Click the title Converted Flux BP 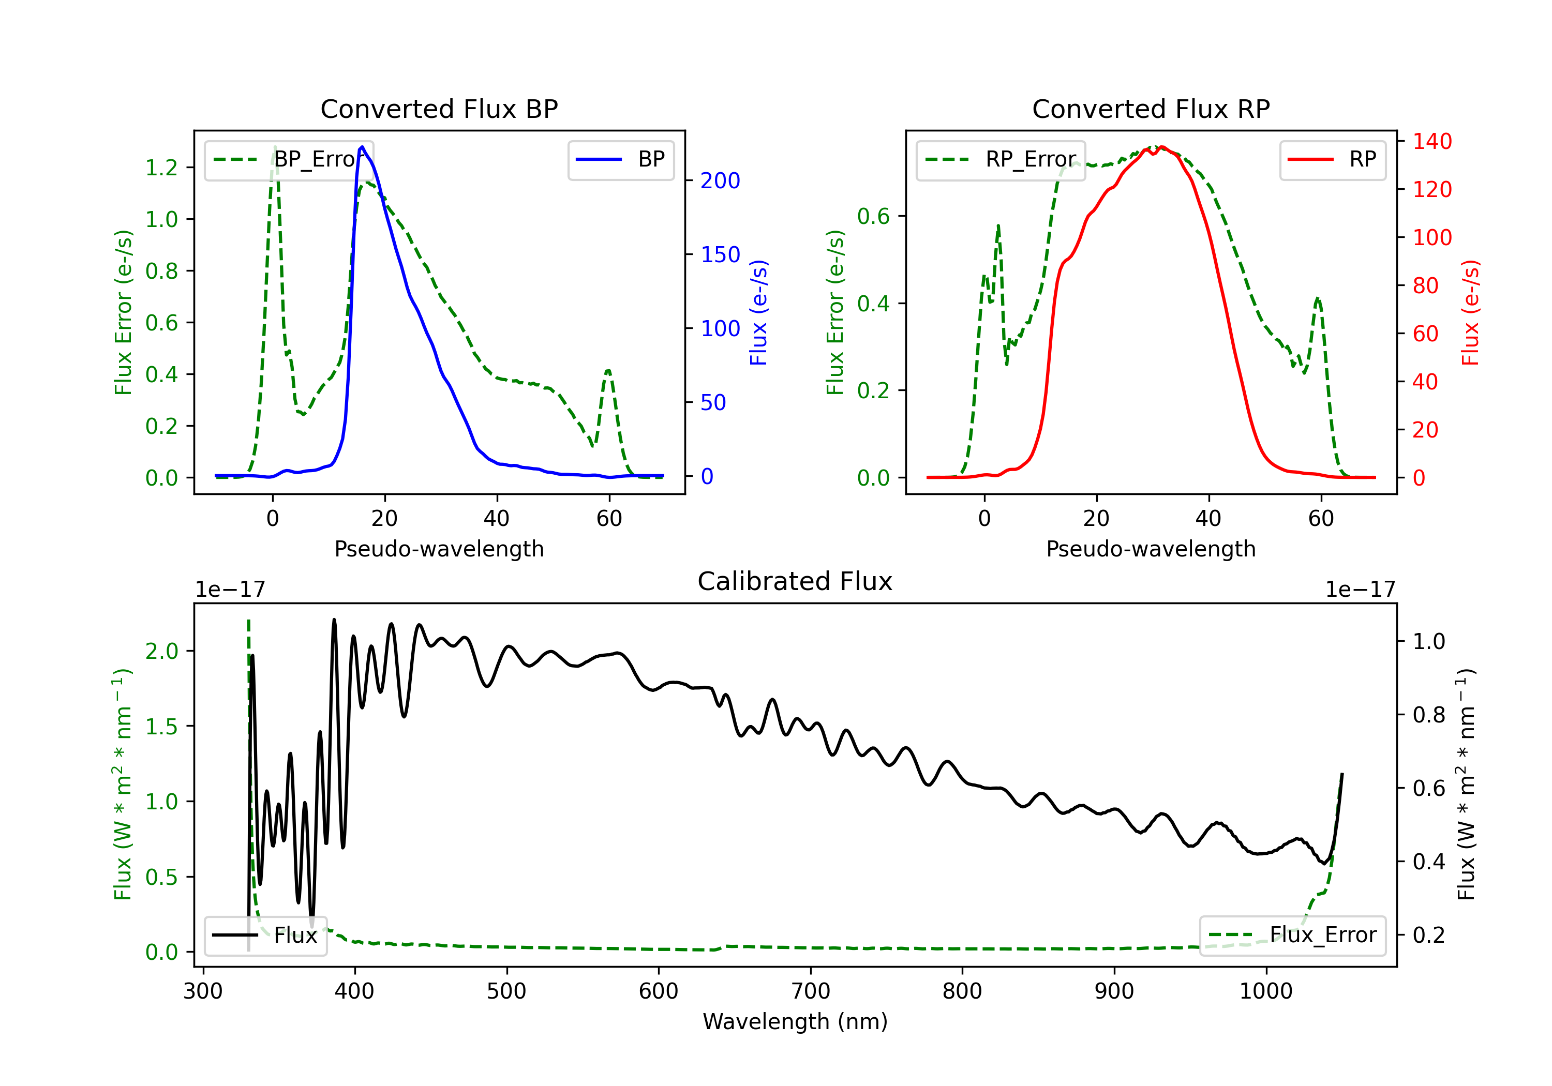pyautogui.click(x=439, y=109)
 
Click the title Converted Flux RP pyautogui.click(x=1151, y=109)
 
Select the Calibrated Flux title pyautogui.click(x=795, y=581)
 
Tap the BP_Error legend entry pyautogui.click(x=289, y=159)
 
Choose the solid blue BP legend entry pyautogui.click(x=620, y=159)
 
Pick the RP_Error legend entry pyautogui.click(x=1001, y=159)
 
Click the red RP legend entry pyautogui.click(x=1332, y=159)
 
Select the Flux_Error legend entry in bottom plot pyautogui.click(x=1292, y=936)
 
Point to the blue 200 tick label pyautogui.click(x=720, y=180)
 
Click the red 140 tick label pyautogui.click(x=1432, y=141)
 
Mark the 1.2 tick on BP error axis pyautogui.click(x=161, y=168)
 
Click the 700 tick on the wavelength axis pyautogui.click(x=811, y=991)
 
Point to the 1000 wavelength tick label pyautogui.click(x=1266, y=991)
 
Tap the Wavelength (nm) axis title pyautogui.click(x=795, y=1022)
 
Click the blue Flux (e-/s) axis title pyautogui.click(x=758, y=312)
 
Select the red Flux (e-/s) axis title pyautogui.click(x=1471, y=312)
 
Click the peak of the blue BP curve pyautogui.click(x=362, y=147)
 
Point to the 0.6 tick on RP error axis pyautogui.click(x=873, y=216)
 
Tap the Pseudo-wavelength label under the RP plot pyautogui.click(x=1151, y=549)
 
